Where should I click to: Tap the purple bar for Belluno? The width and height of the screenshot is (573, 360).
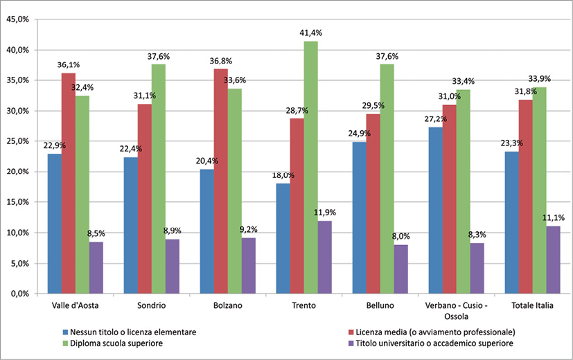point(400,269)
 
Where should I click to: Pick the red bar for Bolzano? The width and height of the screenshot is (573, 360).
point(220,181)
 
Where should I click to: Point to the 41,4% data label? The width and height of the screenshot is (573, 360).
point(311,33)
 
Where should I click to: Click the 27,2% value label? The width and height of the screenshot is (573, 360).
point(434,118)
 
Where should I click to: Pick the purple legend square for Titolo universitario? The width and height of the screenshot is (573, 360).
point(351,343)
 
